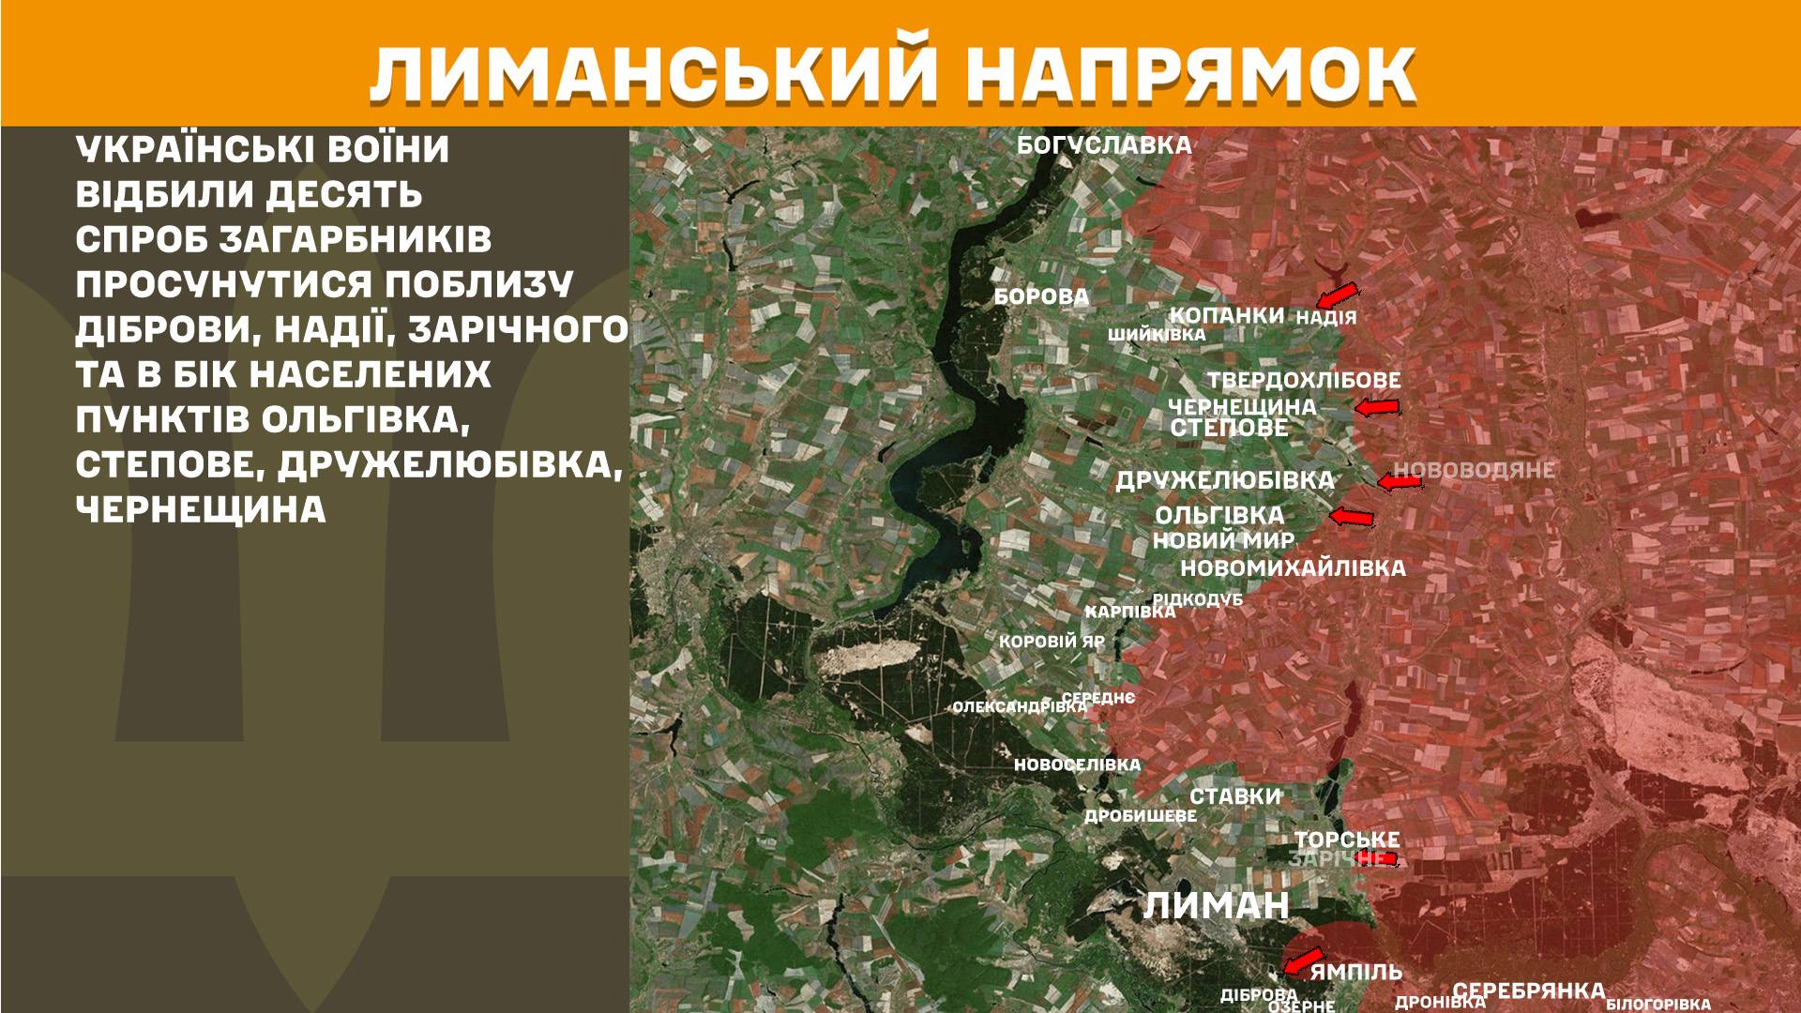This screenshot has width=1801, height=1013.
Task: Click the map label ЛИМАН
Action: click(1216, 906)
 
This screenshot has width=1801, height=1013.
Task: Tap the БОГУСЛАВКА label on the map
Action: click(1104, 145)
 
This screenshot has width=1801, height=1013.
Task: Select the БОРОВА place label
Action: click(1041, 297)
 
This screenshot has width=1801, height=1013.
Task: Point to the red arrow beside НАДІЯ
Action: click(1336, 294)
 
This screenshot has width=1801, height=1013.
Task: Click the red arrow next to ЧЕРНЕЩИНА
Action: click(1377, 407)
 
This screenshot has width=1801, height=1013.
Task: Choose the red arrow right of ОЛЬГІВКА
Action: click(1352, 516)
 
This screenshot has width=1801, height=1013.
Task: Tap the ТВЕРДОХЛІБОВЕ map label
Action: click(1303, 381)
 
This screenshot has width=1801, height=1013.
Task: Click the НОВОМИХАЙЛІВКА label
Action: click(1293, 567)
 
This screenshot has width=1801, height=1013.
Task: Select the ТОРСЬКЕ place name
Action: click(1347, 839)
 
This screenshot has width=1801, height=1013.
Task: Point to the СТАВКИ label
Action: click(1234, 796)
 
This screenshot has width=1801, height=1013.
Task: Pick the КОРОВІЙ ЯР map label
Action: click(1052, 643)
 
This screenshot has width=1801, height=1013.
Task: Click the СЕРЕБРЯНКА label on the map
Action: click(1528, 990)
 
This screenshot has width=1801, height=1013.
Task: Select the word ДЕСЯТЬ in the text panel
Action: click(348, 195)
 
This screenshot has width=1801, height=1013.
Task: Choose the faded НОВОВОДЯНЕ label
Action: click(1474, 470)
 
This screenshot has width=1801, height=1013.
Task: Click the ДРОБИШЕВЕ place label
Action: click(1140, 816)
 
